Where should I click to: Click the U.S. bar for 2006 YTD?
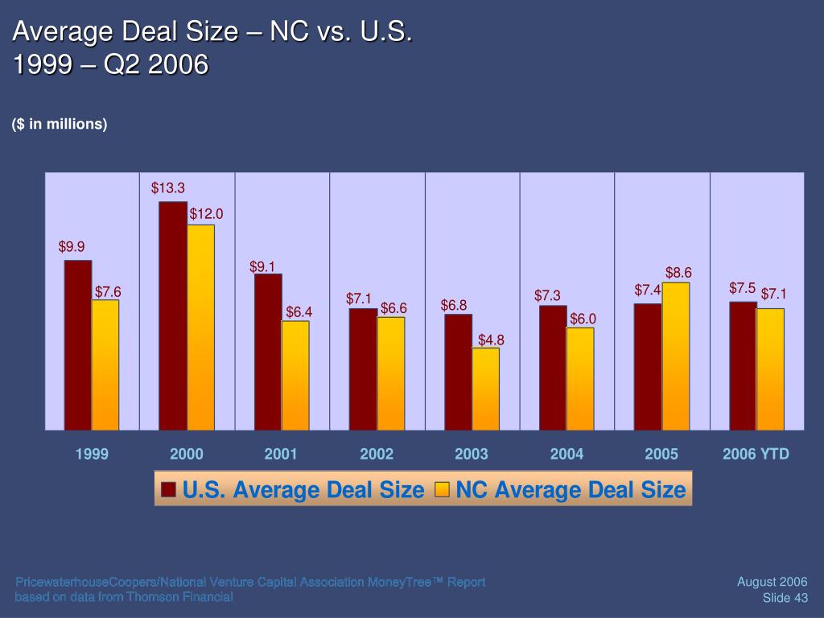(x=743, y=365)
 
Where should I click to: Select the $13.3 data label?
(x=168, y=188)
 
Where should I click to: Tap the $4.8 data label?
(x=491, y=340)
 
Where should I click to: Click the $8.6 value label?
(x=678, y=273)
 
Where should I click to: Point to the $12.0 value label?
(x=206, y=214)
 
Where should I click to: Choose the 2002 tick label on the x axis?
(x=377, y=455)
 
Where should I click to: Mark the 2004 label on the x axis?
(x=566, y=455)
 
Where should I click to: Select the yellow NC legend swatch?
(x=442, y=490)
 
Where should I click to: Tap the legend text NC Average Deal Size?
(x=571, y=490)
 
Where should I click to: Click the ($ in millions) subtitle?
(x=60, y=124)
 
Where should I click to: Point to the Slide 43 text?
(x=785, y=597)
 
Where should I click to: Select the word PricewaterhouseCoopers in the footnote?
(x=76, y=582)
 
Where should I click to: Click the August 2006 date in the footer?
(x=772, y=582)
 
